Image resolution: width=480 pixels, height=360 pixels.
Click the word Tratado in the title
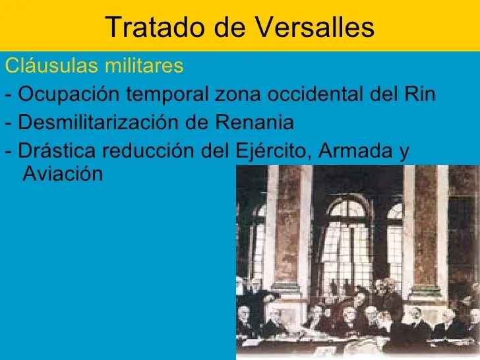pyautogui.click(x=155, y=27)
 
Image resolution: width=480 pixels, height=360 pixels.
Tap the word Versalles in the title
pyautogui.click(x=315, y=27)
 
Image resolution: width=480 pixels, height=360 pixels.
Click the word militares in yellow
pyautogui.click(x=144, y=65)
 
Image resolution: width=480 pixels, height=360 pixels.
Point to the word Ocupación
pyautogui.click(x=69, y=94)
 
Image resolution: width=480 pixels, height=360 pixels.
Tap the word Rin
pyautogui.click(x=420, y=94)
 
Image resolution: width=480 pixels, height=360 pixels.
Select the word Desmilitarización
pyautogui.click(x=99, y=122)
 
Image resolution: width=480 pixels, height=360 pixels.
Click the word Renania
pyautogui.click(x=255, y=122)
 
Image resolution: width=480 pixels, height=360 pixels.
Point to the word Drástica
pyautogui.click(x=57, y=150)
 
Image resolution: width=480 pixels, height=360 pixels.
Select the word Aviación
pyautogui.click(x=63, y=174)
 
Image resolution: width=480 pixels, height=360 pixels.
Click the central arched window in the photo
pyautogui.click(x=347, y=239)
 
